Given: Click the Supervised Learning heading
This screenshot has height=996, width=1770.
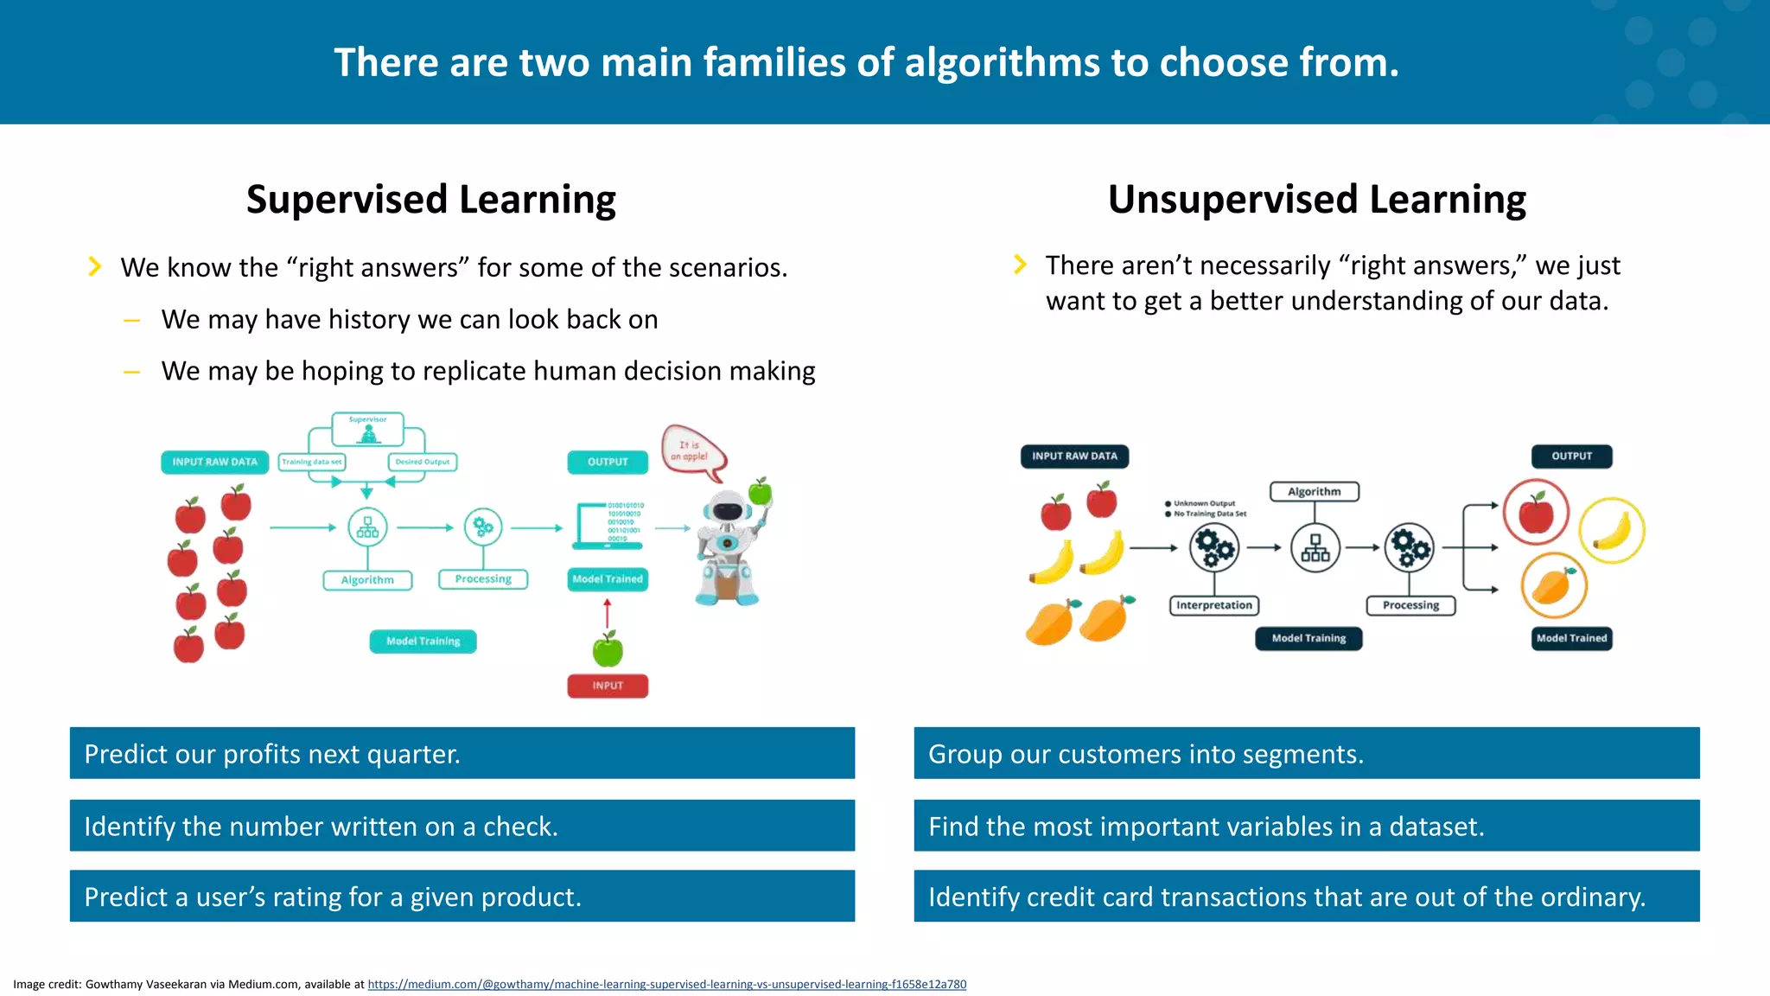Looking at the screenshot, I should click(430, 200).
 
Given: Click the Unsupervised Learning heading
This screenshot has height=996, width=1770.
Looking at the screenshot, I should click(1316, 200).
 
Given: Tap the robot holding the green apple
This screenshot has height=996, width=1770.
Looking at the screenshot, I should click(729, 545).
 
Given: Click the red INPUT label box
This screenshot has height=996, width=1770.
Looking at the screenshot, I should click(608, 686).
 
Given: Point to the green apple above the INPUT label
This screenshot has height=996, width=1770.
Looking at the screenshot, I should click(608, 648).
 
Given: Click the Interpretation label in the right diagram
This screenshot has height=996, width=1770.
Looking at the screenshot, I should click(1213, 605).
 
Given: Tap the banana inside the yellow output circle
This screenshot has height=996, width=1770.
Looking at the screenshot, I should click(1611, 531).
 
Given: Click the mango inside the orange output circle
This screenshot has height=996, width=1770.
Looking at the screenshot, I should click(1553, 586).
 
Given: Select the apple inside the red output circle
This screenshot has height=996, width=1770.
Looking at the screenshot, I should click(1536, 513).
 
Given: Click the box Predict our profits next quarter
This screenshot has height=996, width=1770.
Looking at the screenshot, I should click(462, 753).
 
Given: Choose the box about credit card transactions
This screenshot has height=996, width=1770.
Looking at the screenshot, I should click(1306, 897).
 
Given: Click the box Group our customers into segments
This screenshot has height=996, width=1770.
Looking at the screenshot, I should click(1306, 753).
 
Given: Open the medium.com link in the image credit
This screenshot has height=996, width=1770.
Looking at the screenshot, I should click(666, 984).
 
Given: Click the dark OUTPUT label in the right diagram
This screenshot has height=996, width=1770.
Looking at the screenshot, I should click(1571, 456).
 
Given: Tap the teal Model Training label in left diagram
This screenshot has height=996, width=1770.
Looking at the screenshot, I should click(423, 642).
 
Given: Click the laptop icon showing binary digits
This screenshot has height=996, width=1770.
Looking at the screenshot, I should click(609, 525).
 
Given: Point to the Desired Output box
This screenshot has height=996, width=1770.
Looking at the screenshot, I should click(423, 462).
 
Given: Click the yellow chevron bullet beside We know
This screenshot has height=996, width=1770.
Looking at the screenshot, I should click(95, 266).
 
